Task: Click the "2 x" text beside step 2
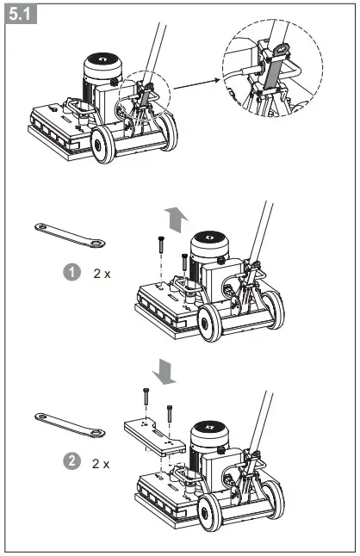pyautogui.click(x=102, y=463)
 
